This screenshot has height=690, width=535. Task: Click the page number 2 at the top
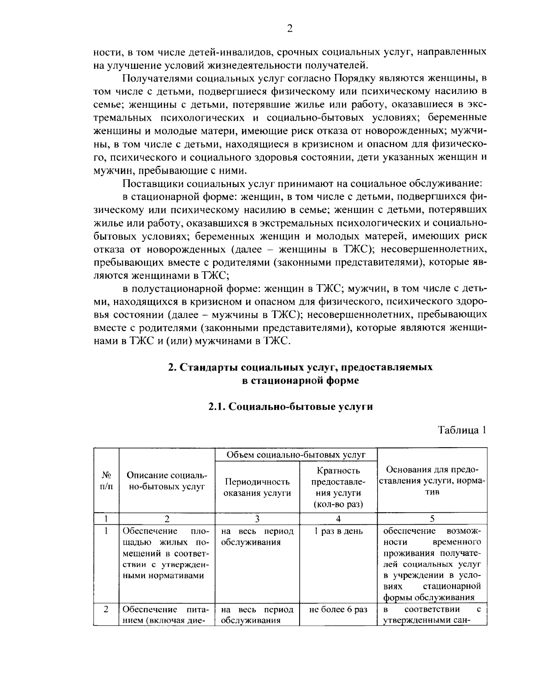289,29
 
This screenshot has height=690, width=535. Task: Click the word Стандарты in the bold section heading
208,367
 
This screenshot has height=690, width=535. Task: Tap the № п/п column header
106,481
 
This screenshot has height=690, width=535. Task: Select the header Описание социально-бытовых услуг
167,481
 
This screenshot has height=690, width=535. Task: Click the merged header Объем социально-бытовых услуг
296,455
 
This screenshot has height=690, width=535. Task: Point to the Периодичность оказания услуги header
257,487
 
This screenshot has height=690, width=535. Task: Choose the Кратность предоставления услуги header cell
338,487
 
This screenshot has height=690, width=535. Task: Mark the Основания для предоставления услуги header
432,481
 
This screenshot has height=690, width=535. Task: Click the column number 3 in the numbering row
257,519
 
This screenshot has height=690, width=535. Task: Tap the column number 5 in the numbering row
432,519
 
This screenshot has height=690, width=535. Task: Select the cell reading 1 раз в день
338,531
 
